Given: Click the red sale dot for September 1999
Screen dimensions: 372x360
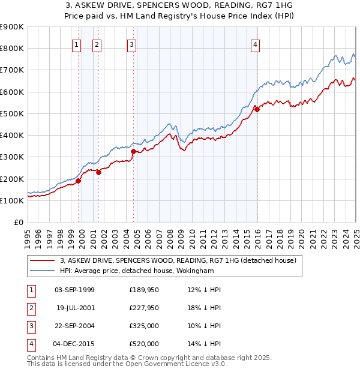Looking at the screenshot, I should click(78, 181).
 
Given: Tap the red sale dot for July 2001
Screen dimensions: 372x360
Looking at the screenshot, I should click(98, 173).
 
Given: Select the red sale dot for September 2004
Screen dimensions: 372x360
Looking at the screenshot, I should click(133, 151).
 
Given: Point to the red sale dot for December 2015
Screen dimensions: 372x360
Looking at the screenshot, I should click(256, 109).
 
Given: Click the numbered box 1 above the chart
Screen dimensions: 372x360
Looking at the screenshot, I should click(77, 43).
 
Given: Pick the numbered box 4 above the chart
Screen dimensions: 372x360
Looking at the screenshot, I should click(255, 43).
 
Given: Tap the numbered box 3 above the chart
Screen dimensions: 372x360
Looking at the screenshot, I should click(131, 43).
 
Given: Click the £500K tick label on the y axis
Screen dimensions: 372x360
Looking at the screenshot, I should click(11, 113).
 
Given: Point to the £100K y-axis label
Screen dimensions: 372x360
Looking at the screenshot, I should click(11, 200).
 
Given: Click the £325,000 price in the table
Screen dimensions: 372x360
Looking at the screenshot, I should click(144, 326).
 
